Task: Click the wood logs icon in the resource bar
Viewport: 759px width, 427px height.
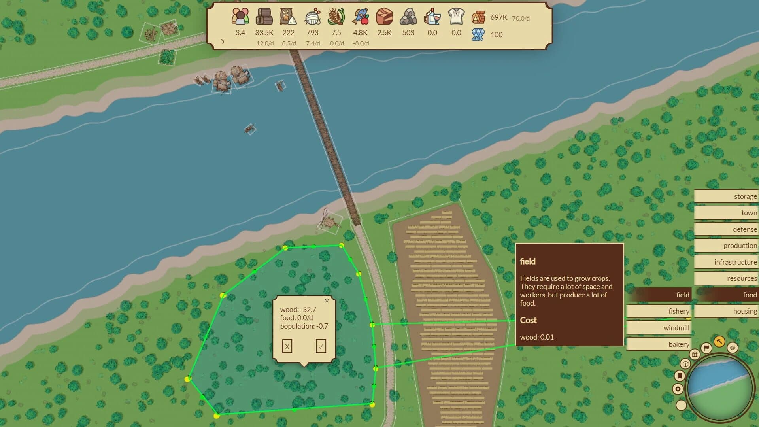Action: (x=264, y=17)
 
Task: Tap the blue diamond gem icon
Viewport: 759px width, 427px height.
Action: (x=478, y=35)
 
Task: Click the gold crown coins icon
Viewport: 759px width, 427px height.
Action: (x=478, y=17)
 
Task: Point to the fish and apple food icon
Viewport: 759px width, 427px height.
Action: (x=360, y=17)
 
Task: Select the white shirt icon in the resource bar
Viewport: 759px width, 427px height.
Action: (x=456, y=17)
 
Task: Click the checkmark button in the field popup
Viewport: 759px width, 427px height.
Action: (x=321, y=346)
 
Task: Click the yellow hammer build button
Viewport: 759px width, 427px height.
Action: (x=719, y=341)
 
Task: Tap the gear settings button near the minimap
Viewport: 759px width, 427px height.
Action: (x=678, y=389)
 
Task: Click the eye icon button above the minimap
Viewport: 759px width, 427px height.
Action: (x=733, y=348)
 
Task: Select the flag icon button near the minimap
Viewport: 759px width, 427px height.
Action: (x=706, y=348)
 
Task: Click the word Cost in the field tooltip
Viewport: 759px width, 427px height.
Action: (x=528, y=320)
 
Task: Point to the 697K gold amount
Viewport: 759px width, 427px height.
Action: (x=498, y=17)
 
